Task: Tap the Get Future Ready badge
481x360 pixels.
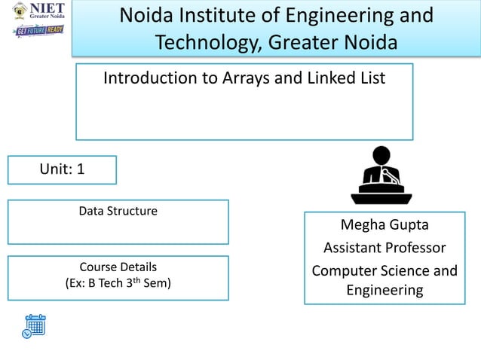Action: (38, 32)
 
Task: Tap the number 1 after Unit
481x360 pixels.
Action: (80, 169)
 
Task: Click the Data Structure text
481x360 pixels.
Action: (118, 211)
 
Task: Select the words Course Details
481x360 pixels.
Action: (118, 267)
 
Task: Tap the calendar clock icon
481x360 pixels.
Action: (33, 325)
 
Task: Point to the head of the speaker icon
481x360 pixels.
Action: (381, 157)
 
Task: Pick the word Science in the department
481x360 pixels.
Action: (404, 270)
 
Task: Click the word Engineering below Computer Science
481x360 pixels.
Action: (384, 290)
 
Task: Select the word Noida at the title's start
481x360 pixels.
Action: (148, 15)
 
